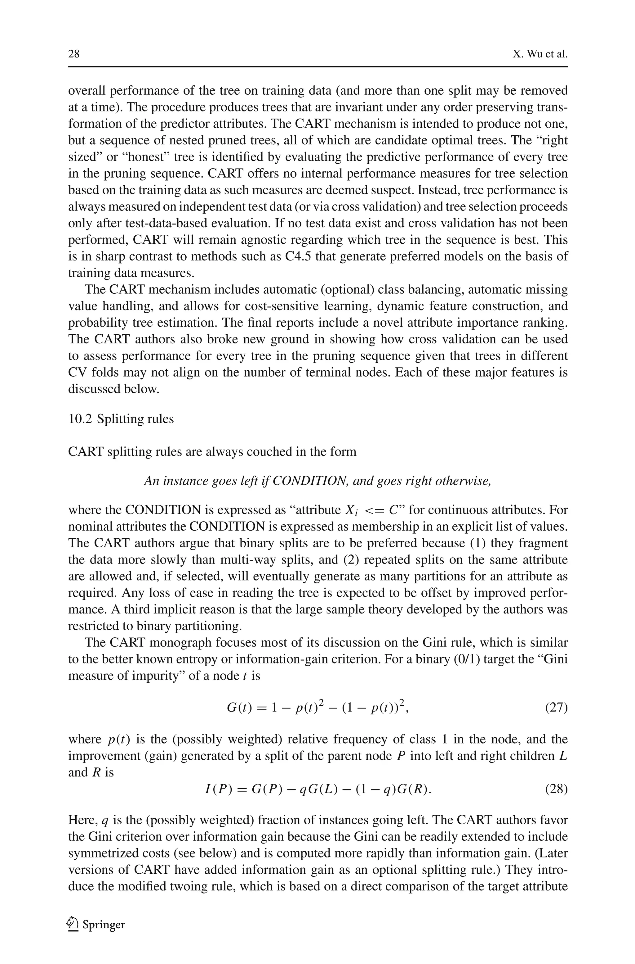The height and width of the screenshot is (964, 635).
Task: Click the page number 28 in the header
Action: coord(74,54)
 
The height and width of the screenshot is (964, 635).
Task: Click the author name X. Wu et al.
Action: coord(540,54)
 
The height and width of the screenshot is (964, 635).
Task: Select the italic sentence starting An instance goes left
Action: coord(317,481)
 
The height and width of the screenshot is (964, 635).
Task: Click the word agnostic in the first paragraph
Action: coord(259,240)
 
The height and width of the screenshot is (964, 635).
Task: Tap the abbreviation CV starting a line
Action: coord(77,372)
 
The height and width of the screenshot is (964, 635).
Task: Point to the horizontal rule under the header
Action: coord(317,67)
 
